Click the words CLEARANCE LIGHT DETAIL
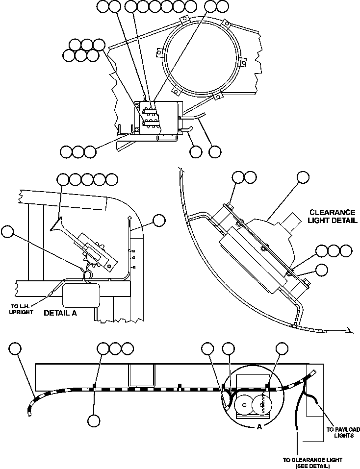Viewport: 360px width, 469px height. [332, 216]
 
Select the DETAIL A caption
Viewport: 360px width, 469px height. [61, 312]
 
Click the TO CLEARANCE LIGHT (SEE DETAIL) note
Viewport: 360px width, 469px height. [312, 463]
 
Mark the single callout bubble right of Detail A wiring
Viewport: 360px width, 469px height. [159, 221]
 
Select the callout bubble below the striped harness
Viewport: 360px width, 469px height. [94, 420]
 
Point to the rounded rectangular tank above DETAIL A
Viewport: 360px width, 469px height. [81, 295]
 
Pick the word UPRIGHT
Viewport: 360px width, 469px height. [21, 313]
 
